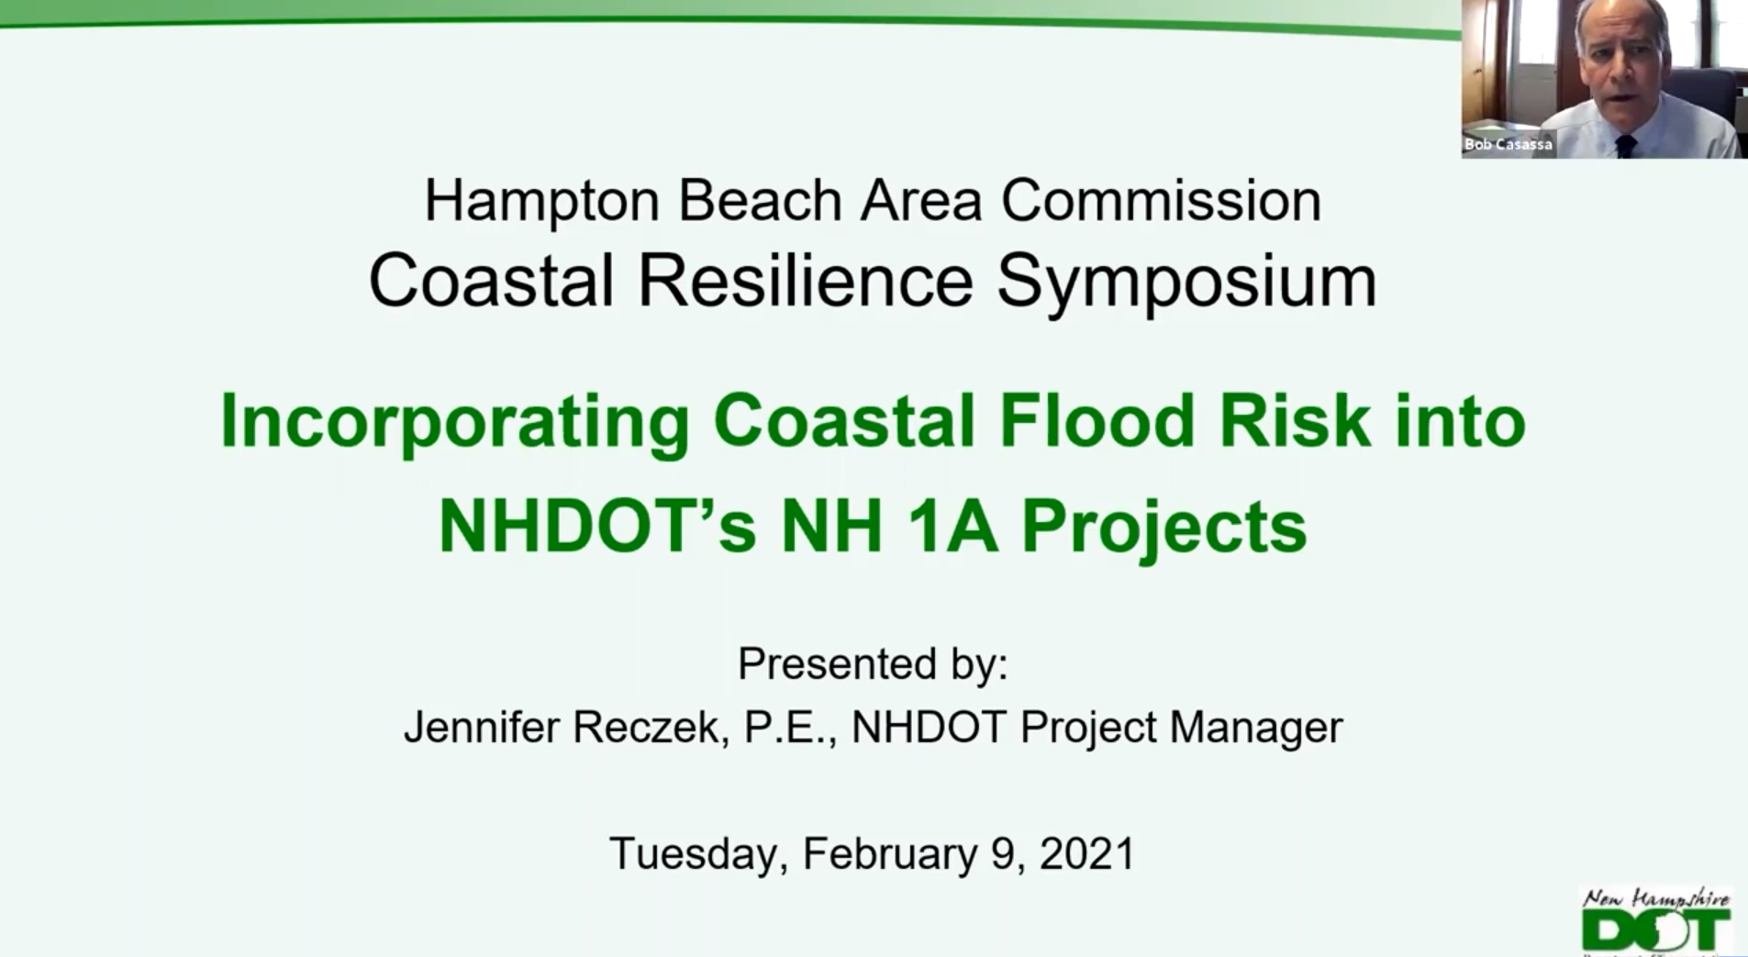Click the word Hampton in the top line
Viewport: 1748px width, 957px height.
point(541,201)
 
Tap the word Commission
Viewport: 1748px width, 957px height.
point(1161,199)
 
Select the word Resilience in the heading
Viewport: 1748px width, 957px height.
point(805,281)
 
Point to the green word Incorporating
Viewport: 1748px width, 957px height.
point(454,422)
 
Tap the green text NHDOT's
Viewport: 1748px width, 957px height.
point(597,527)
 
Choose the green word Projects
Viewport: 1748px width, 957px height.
point(1163,529)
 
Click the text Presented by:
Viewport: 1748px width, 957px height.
point(873,663)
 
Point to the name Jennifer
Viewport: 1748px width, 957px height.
point(482,728)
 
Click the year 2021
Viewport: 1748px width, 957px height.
point(1087,853)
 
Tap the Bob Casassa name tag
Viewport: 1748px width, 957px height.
point(1509,144)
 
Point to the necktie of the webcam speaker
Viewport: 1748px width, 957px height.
point(1625,145)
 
